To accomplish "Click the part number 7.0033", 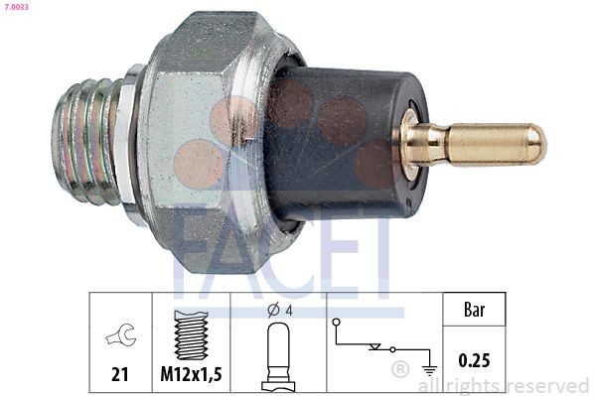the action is tap(17, 6).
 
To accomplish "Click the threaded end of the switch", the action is tap(89, 142).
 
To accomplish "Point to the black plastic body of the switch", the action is tap(348, 144).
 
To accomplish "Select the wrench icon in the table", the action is tap(120, 334).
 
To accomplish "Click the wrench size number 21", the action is tap(119, 374).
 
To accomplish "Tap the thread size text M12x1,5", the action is tap(191, 374).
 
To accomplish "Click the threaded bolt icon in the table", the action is tap(191, 334).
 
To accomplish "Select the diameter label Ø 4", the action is tap(280, 311).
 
